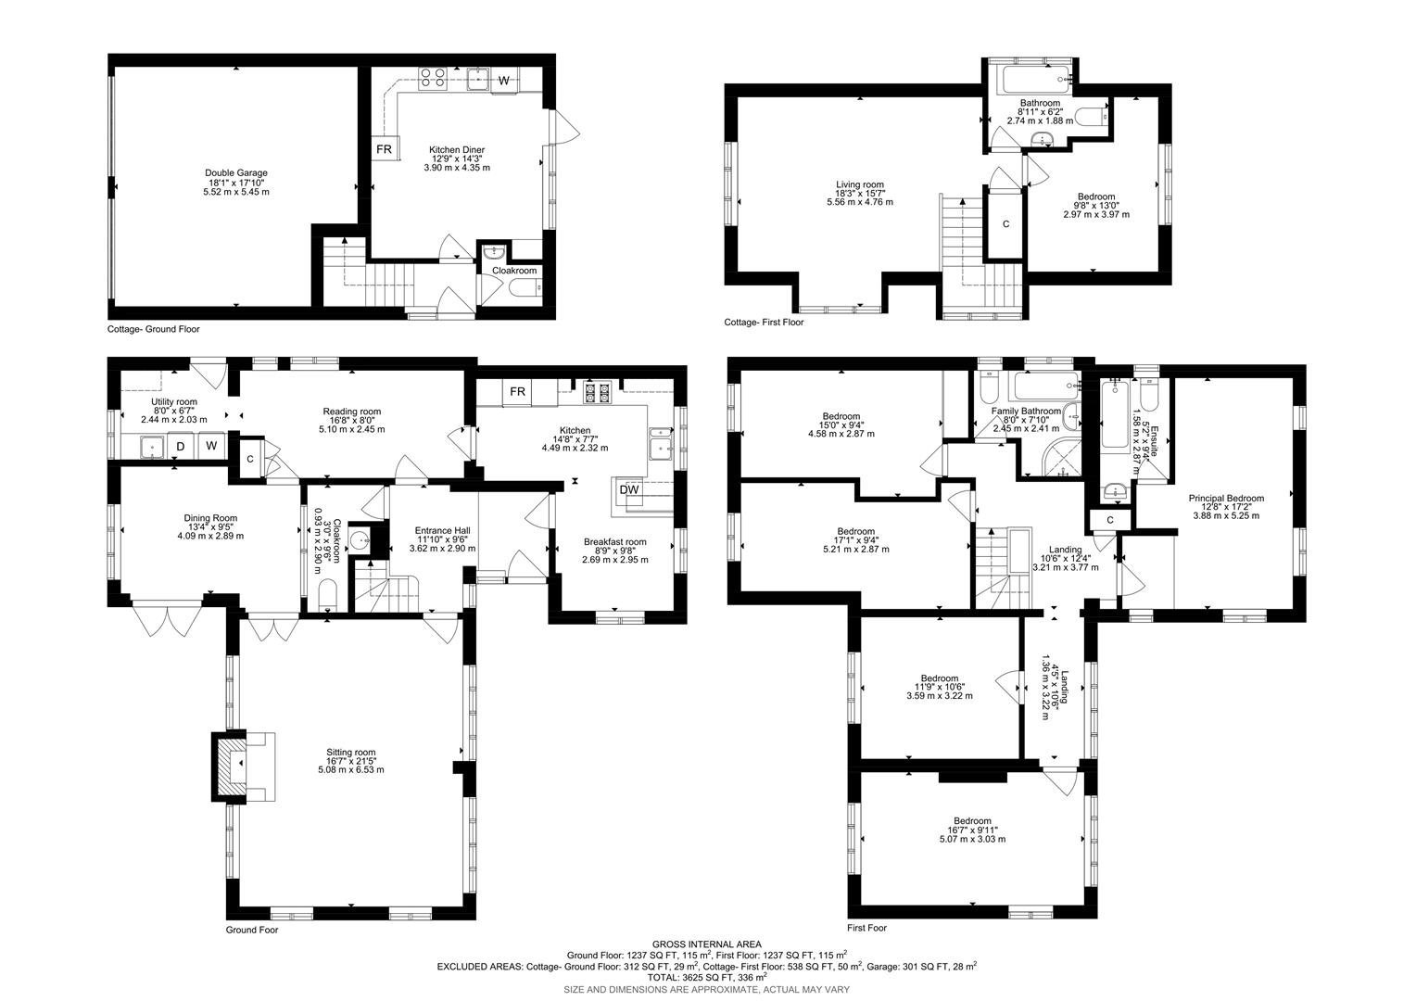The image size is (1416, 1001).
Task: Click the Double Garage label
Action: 236,182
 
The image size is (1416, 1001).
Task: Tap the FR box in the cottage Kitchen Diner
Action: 384,148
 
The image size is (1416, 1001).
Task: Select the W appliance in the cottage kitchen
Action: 504,81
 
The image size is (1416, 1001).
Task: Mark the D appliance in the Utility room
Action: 181,447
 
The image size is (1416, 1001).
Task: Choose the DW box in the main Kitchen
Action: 628,489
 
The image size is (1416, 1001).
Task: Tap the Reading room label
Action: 351,420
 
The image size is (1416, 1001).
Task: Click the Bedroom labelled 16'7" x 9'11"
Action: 972,830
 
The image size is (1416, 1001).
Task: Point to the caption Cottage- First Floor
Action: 764,323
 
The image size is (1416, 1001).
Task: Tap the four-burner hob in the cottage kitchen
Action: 432,77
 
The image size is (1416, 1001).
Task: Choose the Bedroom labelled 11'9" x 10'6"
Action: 939,687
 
